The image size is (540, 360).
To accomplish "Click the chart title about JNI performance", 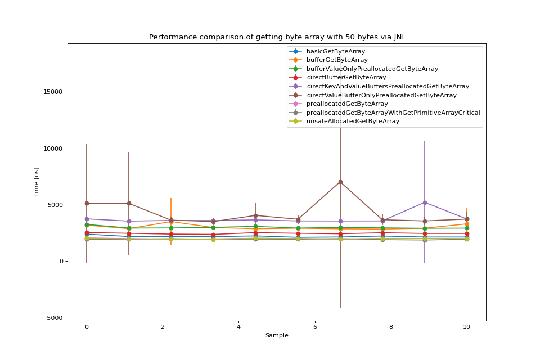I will pos(276,37).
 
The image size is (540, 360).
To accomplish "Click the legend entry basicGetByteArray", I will pos(335,51).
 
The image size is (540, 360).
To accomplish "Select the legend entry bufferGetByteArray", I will pos(337,60).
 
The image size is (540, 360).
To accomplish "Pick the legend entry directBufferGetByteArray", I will pos(346,78).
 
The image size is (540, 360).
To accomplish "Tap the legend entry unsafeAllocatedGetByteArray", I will pos(353,121).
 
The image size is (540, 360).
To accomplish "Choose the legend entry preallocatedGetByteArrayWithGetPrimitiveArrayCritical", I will pos(393,112).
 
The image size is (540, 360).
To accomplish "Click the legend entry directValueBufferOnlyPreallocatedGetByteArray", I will pos(381,95).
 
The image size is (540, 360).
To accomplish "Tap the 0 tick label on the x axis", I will pos(87,327).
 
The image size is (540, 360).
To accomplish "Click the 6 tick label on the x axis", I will pos(315,327).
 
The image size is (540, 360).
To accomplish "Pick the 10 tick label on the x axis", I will pos(467,327).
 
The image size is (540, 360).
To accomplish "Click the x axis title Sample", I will pos(277,336).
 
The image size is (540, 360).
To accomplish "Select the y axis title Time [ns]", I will pos(37,182).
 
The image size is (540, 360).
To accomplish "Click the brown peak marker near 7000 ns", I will pos(340,182).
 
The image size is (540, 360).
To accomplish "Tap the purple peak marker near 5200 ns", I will pos(425,202).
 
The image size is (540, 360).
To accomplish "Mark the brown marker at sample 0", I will pos(87,203).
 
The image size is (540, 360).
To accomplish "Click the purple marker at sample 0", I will pos(87,219).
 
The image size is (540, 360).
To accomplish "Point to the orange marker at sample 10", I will pos(467,224).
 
